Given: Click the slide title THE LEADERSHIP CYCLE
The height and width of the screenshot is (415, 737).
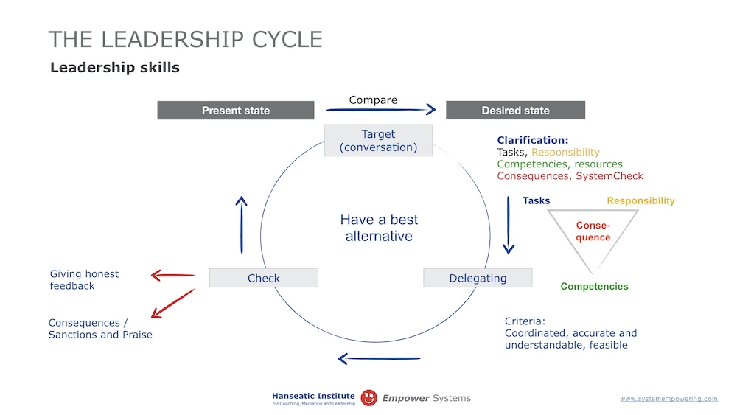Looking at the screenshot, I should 185,39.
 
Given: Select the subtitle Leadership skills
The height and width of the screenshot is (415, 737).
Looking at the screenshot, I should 114,68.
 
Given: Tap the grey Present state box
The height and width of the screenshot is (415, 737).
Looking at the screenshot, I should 236,111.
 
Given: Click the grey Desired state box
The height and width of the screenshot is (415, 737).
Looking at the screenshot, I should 515,111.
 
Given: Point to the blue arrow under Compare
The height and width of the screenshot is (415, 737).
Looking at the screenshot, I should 381,110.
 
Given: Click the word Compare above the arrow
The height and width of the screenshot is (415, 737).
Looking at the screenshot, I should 373,100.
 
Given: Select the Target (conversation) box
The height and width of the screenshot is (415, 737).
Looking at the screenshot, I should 378,140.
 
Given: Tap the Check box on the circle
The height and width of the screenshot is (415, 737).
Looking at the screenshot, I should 263,278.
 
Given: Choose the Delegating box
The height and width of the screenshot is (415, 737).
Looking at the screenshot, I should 478,278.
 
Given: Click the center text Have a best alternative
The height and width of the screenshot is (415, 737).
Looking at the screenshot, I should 378,228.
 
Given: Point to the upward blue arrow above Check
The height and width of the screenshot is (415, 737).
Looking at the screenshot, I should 241,225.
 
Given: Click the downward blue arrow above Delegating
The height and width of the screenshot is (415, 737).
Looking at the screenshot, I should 508,225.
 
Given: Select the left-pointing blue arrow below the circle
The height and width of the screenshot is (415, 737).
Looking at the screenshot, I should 379,359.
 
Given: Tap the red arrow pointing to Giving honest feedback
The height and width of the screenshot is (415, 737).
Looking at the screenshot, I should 172,276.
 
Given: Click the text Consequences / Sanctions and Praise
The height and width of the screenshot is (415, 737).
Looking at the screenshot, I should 100,329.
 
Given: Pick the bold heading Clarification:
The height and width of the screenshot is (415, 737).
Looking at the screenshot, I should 532,140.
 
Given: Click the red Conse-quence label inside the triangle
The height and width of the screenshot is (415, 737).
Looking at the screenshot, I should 593,231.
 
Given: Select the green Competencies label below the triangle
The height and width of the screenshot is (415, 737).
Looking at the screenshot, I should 594,287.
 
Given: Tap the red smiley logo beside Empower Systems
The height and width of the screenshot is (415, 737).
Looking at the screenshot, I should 369,398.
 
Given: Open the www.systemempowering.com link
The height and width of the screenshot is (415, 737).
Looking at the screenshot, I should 668,399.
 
